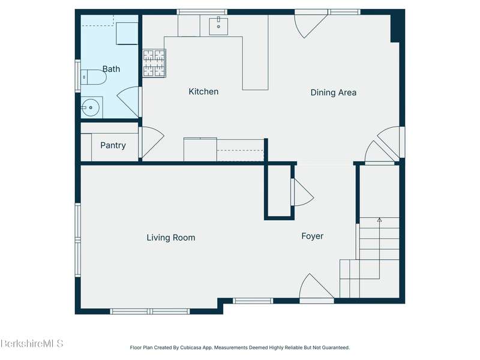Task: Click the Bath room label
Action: (111, 69)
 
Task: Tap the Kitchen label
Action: (203, 92)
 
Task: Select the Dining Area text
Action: (334, 92)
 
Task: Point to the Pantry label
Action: (113, 145)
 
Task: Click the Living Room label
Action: (171, 238)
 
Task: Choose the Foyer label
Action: (312, 236)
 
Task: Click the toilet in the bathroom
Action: (94, 77)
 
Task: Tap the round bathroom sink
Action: (91, 107)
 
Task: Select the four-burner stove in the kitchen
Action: (154, 63)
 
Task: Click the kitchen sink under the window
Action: (218, 26)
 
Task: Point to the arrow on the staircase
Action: (380, 248)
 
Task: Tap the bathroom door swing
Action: (128, 101)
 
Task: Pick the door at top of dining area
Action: (310, 26)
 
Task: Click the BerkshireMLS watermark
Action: (32, 343)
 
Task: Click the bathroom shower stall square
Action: (127, 34)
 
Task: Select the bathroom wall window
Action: (78, 76)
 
